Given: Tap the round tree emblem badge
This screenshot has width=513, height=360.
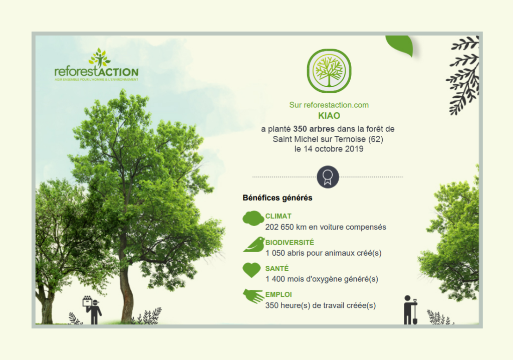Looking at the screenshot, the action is [x=329, y=71].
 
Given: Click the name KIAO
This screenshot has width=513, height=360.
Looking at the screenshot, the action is [x=329, y=116].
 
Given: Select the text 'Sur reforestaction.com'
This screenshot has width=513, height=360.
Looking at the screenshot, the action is [x=329, y=105].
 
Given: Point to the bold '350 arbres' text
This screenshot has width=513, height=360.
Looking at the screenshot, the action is [x=314, y=129].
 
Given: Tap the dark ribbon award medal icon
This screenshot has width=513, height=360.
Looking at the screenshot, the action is [x=328, y=177].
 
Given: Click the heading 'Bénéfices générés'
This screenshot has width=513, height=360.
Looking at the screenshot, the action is [x=278, y=198].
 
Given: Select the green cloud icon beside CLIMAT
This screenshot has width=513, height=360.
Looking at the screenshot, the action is [x=253, y=219].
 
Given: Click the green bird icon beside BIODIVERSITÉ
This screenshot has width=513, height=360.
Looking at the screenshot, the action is [x=254, y=244].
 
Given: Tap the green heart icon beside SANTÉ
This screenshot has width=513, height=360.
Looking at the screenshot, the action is [x=251, y=270].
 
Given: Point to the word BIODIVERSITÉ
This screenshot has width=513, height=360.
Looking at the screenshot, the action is [x=290, y=242].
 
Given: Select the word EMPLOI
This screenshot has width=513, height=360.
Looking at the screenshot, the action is [x=279, y=294].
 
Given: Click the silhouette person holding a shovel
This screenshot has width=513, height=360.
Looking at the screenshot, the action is [x=410, y=310].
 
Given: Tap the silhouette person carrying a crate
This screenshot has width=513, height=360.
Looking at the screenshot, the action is [x=93, y=310].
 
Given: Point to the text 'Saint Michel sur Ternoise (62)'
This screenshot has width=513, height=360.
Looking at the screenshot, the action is [x=328, y=139].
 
